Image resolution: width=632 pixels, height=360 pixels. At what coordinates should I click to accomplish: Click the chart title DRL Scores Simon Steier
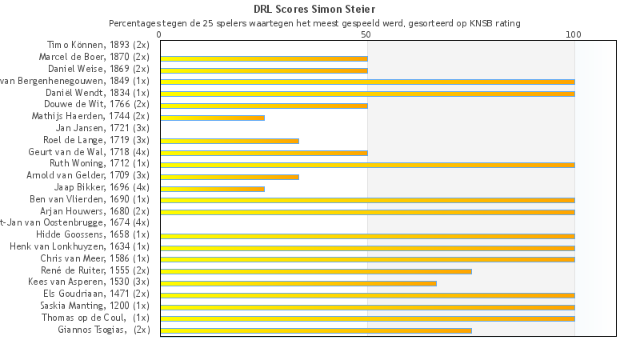click(315, 10)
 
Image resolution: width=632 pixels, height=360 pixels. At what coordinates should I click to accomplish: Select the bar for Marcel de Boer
click(264, 58)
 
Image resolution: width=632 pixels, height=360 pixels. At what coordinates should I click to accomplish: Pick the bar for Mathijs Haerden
click(212, 118)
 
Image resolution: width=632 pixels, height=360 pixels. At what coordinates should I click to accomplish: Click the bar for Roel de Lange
click(230, 141)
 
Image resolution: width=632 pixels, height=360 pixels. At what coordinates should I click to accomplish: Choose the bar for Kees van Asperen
click(298, 283)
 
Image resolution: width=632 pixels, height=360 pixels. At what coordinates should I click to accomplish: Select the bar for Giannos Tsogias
click(316, 330)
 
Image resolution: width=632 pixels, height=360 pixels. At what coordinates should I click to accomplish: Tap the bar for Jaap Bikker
click(212, 189)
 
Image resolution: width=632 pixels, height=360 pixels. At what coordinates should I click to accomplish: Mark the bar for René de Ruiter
click(316, 271)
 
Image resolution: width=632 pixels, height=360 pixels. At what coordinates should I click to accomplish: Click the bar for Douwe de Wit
click(264, 106)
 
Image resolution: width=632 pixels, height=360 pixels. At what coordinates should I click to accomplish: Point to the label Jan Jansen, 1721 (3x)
click(102, 128)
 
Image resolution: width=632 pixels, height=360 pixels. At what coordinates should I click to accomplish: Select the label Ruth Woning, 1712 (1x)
click(99, 163)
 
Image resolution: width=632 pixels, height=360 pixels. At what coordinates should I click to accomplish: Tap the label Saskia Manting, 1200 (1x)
click(94, 306)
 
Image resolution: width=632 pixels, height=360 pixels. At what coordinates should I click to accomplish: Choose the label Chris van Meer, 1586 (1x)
click(94, 258)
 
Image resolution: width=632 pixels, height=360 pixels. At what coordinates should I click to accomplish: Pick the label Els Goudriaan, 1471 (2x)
click(96, 294)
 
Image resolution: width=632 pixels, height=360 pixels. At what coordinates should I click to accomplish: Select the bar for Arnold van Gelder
click(230, 177)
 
